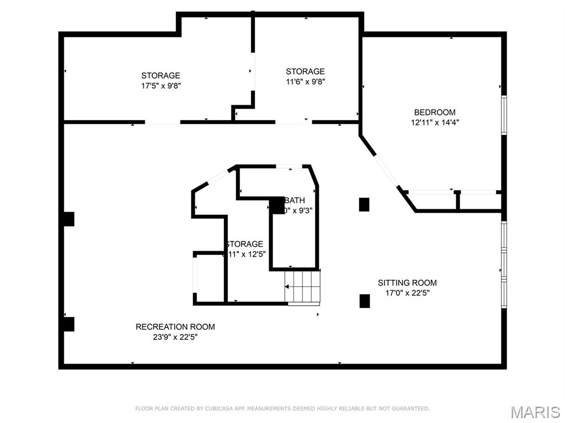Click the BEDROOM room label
[x=435, y=112]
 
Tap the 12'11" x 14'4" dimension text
[x=435, y=123]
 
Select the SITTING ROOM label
[x=407, y=283]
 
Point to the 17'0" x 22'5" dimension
[x=407, y=293]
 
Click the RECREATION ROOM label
[x=175, y=327]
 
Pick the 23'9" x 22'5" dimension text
[x=175, y=337]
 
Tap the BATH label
[x=295, y=200]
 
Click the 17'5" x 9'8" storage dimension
[x=161, y=85]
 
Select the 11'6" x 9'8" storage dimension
[x=305, y=82]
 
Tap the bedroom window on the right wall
[x=503, y=115]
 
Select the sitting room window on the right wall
[x=503, y=265]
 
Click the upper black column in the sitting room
[x=364, y=204]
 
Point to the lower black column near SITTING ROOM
[x=364, y=301]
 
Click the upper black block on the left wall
[x=67, y=219]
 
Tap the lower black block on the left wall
[x=67, y=324]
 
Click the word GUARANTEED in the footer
[x=410, y=409]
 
